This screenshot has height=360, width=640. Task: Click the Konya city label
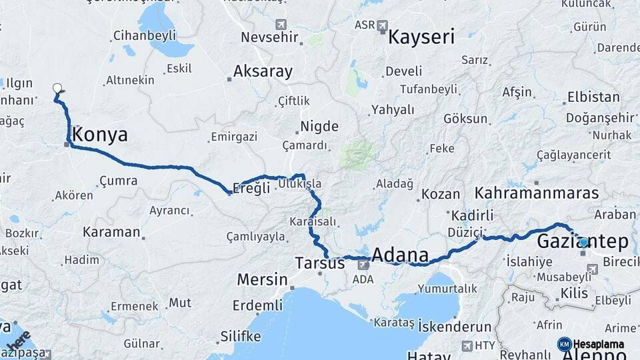click(x=100, y=135)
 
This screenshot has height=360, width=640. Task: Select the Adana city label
click(x=400, y=255)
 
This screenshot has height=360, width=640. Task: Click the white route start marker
click(x=57, y=87)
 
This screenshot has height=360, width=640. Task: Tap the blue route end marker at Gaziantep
click(x=584, y=243)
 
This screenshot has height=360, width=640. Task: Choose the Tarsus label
click(x=321, y=263)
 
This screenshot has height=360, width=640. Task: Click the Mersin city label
click(x=262, y=279)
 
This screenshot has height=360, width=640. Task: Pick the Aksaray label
click(x=263, y=72)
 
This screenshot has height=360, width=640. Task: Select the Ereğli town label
click(x=253, y=188)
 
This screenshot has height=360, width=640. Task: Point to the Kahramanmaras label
click(x=537, y=193)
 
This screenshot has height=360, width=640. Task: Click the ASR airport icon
click(x=382, y=26)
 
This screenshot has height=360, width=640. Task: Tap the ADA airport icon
click(x=363, y=265)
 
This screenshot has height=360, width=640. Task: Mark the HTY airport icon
click(x=467, y=345)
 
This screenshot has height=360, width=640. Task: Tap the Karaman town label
click(x=111, y=233)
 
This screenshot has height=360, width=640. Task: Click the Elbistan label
click(x=593, y=97)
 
